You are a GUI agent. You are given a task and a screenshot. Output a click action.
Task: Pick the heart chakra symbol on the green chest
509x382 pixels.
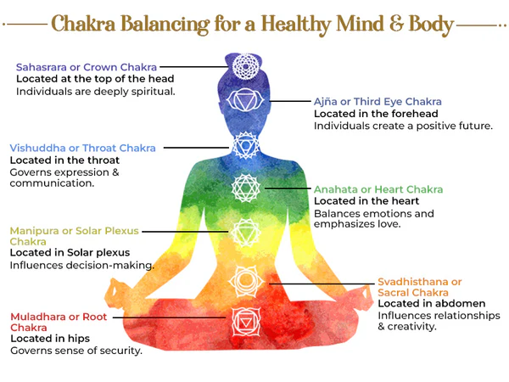pyautogui.click(x=244, y=188)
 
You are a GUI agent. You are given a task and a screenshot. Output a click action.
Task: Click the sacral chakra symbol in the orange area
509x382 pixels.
pyautogui.click(x=244, y=279)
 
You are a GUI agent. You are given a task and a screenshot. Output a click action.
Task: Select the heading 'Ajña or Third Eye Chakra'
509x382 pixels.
pyautogui.click(x=378, y=102)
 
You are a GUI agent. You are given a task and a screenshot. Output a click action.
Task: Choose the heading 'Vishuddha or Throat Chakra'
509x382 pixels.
pyautogui.click(x=82, y=148)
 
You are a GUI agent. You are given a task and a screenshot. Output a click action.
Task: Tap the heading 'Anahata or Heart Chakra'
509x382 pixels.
pyautogui.click(x=378, y=188)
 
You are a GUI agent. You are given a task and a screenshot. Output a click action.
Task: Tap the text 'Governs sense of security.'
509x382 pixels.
pyautogui.click(x=76, y=350)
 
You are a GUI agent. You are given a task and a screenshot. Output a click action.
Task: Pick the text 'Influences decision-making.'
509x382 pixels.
pyautogui.click(x=81, y=265)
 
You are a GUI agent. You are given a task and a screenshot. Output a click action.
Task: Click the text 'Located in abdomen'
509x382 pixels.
pyautogui.click(x=431, y=303)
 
